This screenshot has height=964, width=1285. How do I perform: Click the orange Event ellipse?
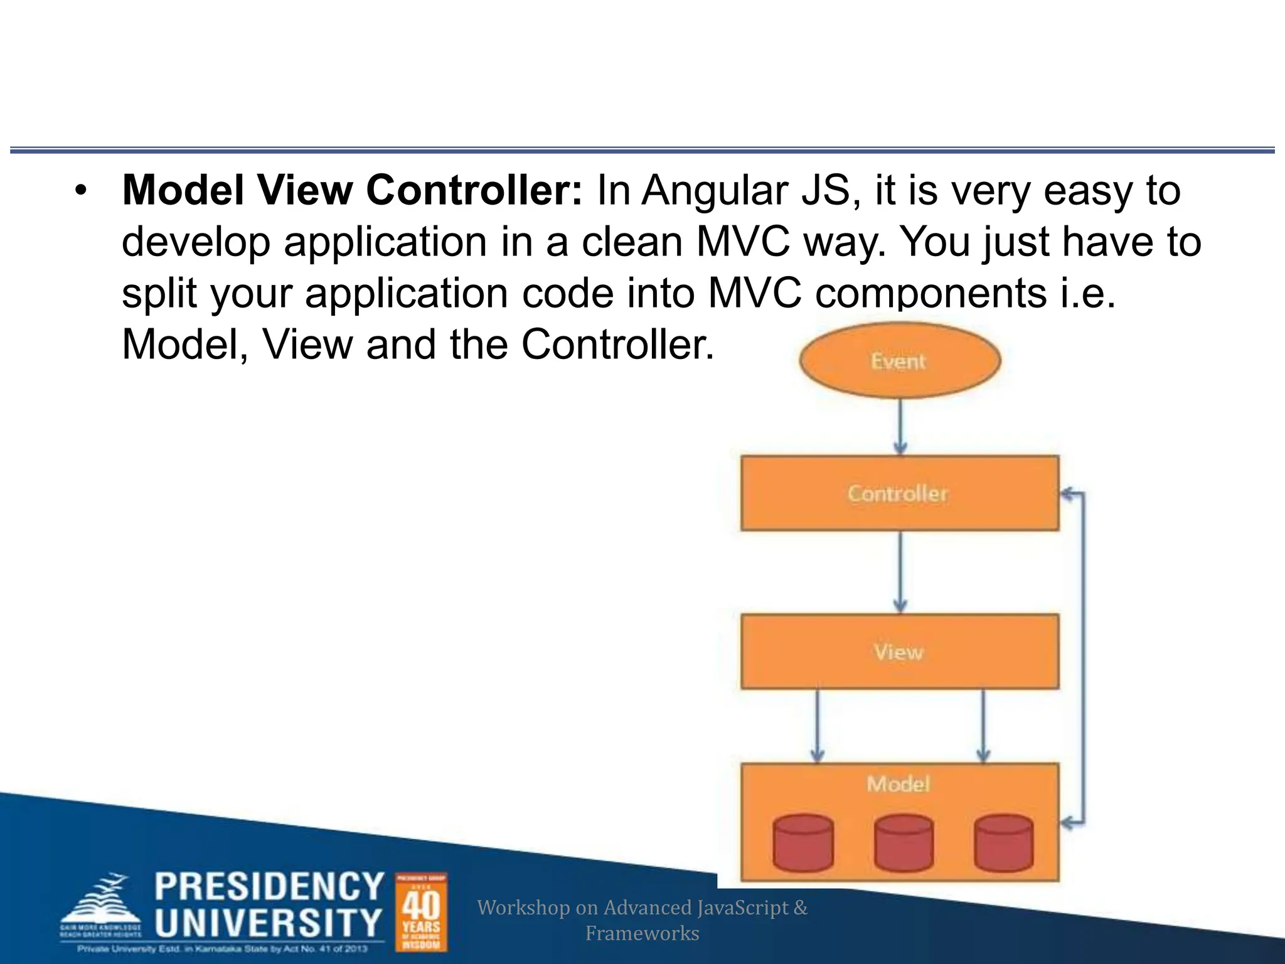899,360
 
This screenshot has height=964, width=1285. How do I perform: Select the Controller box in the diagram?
899,493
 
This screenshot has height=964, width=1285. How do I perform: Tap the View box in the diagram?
899,651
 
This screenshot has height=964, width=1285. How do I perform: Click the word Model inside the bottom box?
898,784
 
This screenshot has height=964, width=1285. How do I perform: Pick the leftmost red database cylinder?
803,843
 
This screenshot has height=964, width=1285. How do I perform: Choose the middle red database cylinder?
904,843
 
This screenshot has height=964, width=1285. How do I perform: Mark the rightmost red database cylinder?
1003,843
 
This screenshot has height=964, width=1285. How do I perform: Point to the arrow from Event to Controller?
900,427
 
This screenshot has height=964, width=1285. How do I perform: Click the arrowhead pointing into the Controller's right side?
1067,495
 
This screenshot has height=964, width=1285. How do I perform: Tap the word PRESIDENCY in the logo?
269,886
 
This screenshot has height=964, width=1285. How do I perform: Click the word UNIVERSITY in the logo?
269,922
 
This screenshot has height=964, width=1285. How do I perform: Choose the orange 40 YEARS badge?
421,912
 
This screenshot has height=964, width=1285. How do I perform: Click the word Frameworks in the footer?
642,933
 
